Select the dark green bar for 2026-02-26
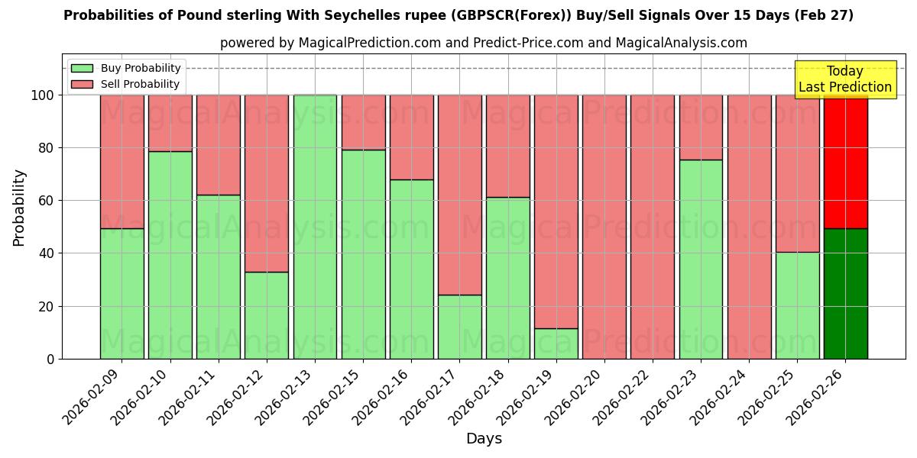[x=845, y=294]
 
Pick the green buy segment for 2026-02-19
[x=556, y=343]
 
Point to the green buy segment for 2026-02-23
[x=701, y=260]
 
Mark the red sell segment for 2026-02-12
[x=267, y=183]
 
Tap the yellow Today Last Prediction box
[x=845, y=79]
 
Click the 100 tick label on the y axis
[x=43, y=95]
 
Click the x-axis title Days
[x=484, y=439]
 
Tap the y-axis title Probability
[x=19, y=208]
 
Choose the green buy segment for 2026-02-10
[x=170, y=255]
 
